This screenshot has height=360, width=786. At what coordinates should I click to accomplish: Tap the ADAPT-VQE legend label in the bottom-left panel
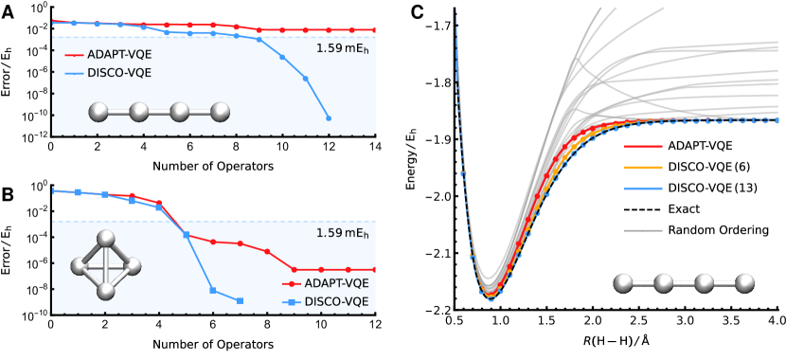point(336,282)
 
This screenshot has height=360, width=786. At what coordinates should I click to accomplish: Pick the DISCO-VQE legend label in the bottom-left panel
point(336,301)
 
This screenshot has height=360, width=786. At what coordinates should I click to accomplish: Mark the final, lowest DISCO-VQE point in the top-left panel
point(329,118)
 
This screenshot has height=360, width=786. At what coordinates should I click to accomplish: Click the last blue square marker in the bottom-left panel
point(240,300)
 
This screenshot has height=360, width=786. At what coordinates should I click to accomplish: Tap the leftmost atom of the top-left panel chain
point(98,113)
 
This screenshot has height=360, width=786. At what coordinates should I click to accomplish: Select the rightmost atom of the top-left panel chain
point(221,113)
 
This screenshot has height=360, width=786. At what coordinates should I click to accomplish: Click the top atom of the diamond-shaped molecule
point(107,238)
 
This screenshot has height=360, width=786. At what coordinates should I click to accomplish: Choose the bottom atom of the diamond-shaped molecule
point(106,292)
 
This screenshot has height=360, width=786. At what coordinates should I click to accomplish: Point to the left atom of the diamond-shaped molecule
point(80,266)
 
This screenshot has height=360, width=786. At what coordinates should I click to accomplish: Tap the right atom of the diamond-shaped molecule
point(134,266)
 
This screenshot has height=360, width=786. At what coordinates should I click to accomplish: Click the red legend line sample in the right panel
point(643,147)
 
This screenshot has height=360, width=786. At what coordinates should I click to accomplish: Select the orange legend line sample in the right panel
point(643,168)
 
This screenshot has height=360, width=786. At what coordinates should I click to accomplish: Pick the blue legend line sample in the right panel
point(643,189)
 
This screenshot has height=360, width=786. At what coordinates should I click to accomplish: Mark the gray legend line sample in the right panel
point(643,230)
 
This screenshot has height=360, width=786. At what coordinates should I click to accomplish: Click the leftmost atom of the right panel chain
point(623,282)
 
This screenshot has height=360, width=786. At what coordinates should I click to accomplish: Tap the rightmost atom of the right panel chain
point(745,282)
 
